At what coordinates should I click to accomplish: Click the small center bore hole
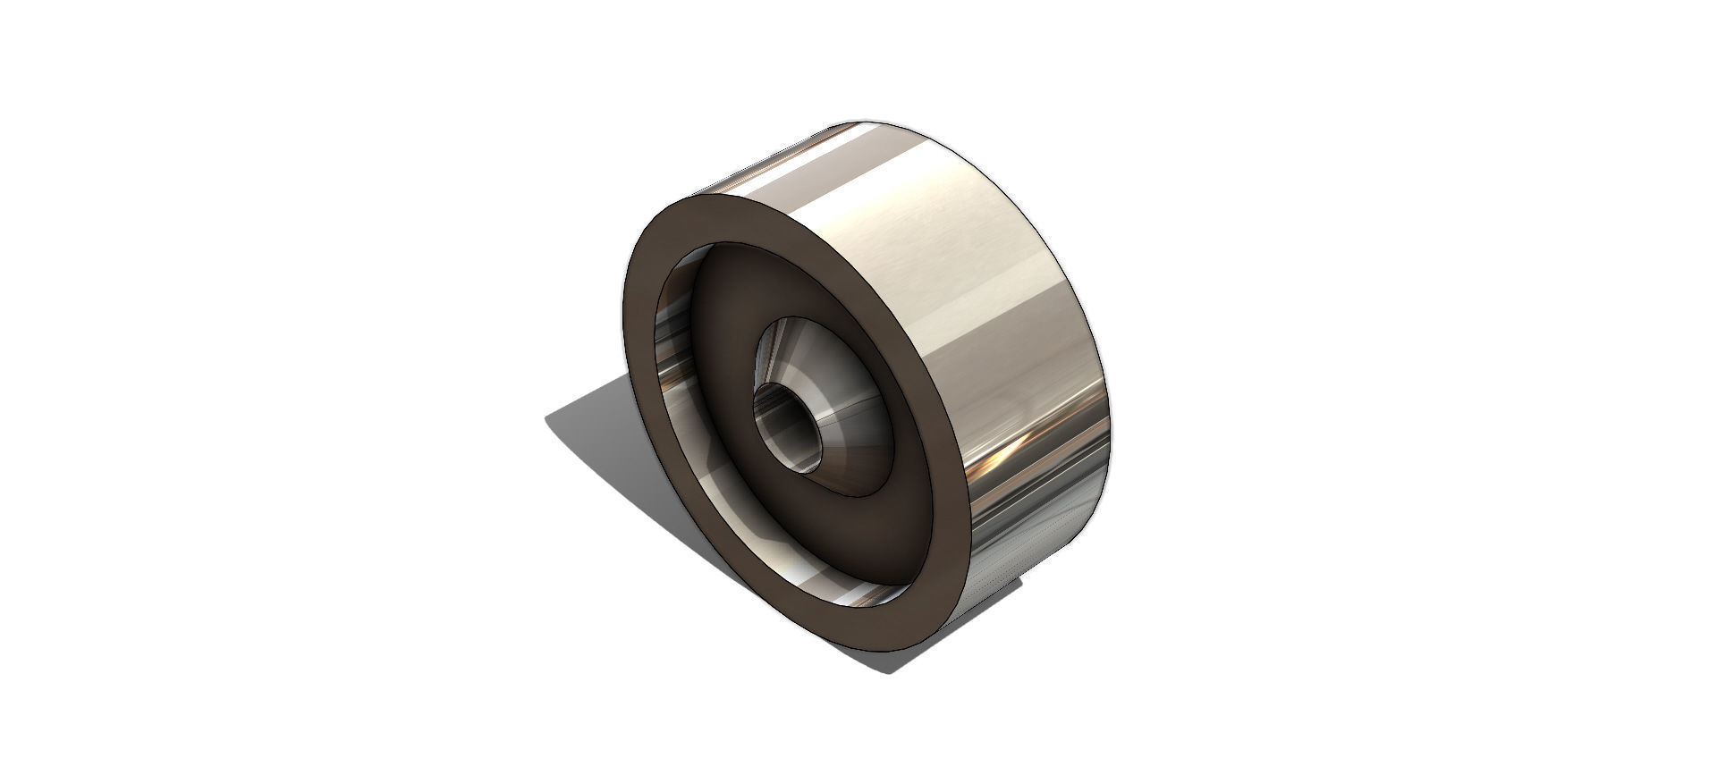[x=788, y=426]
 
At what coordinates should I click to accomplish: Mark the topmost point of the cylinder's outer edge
[x=863, y=118]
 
